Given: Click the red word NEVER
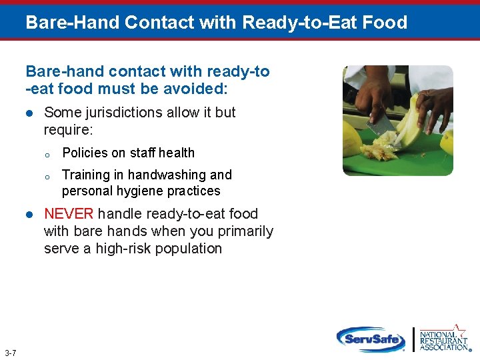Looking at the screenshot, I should point(70,214).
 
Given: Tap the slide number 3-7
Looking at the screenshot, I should point(11,353).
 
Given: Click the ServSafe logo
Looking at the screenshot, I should point(371,339).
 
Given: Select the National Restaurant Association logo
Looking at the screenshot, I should point(444,338).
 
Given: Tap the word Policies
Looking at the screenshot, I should point(85,153).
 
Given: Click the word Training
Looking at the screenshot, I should point(85,175).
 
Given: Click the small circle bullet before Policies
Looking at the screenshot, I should point(47,154).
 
